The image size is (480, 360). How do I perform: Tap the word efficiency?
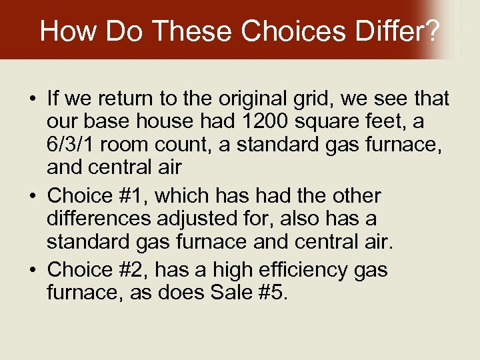(x=302, y=270)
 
